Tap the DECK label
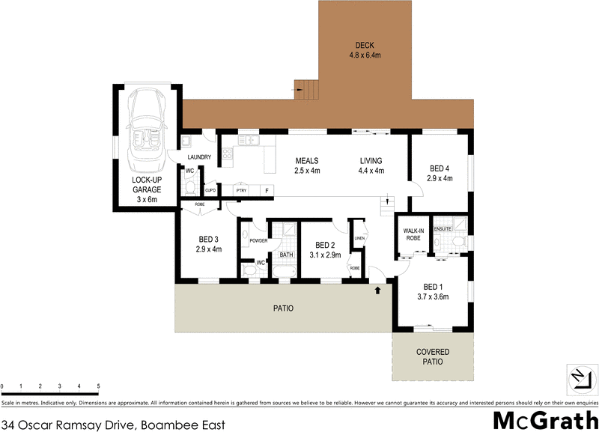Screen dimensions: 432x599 [x=365, y=45]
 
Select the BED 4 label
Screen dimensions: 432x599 [x=440, y=168]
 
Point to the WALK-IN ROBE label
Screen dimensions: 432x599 [x=415, y=234]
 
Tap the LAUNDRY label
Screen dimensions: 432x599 [x=200, y=157]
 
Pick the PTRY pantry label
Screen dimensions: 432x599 [x=241, y=191]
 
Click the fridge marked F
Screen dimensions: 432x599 [x=266, y=191]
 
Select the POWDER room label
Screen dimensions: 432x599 [x=258, y=240]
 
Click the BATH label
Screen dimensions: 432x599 [x=286, y=255]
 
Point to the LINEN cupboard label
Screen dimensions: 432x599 [x=359, y=238]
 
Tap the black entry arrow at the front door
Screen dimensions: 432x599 [x=378, y=288]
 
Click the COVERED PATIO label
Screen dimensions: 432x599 [x=432, y=356]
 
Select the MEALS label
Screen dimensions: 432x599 [x=307, y=160]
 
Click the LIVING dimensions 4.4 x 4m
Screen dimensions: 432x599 [x=371, y=171]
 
